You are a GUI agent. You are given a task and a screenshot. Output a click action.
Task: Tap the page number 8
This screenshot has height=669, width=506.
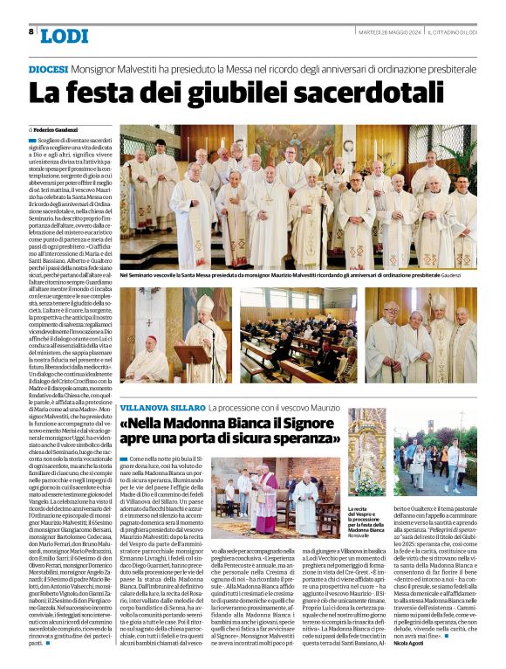click(x=31, y=31)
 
